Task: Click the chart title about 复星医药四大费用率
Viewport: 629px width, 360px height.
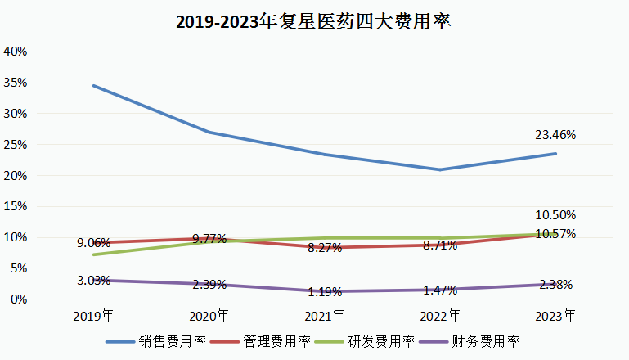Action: click(314, 22)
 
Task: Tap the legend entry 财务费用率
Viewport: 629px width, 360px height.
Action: click(487, 341)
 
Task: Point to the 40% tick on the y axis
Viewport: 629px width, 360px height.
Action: click(16, 51)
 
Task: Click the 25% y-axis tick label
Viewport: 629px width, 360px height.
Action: click(16, 144)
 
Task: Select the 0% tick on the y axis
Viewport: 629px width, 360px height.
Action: click(20, 299)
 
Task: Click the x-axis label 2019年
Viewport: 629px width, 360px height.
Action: click(93, 315)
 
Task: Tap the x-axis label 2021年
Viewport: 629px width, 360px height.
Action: click(325, 315)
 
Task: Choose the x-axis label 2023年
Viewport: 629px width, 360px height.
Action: click(556, 315)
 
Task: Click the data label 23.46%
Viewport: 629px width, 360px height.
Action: click(556, 134)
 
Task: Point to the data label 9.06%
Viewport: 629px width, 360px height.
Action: click(93, 242)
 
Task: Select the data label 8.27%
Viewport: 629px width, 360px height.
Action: click(325, 247)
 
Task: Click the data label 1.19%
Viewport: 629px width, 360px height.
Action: click(325, 292)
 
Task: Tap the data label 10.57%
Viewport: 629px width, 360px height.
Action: click(556, 234)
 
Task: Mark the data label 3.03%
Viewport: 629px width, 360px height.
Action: click(93, 281)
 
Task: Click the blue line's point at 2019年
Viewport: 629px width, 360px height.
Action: click(93, 85)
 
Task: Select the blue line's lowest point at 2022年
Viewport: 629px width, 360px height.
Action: click(441, 169)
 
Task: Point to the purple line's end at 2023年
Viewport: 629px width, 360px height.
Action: click(556, 284)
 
